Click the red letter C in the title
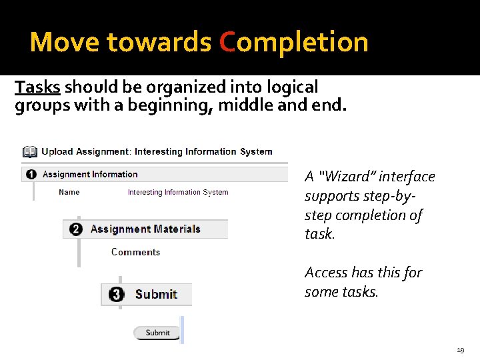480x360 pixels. pyautogui.click(x=227, y=42)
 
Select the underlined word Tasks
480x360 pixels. pyautogui.click(x=37, y=87)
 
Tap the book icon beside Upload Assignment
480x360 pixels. pyautogui.click(x=29, y=152)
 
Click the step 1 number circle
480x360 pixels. pyautogui.click(x=31, y=175)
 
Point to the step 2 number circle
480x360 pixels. pyautogui.click(x=76, y=229)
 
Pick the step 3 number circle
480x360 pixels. pyautogui.click(x=117, y=295)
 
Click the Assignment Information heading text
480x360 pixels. pyautogui.click(x=90, y=175)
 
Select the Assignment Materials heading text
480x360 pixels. pyautogui.click(x=145, y=229)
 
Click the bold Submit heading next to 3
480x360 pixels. pyautogui.click(x=156, y=295)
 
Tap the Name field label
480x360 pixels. pyautogui.click(x=69, y=192)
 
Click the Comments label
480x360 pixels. pyautogui.click(x=135, y=252)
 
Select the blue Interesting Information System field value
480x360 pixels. pyautogui.click(x=178, y=193)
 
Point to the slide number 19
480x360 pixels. pyautogui.click(x=461, y=349)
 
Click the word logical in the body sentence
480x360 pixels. pyautogui.click(x=290, y=87)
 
